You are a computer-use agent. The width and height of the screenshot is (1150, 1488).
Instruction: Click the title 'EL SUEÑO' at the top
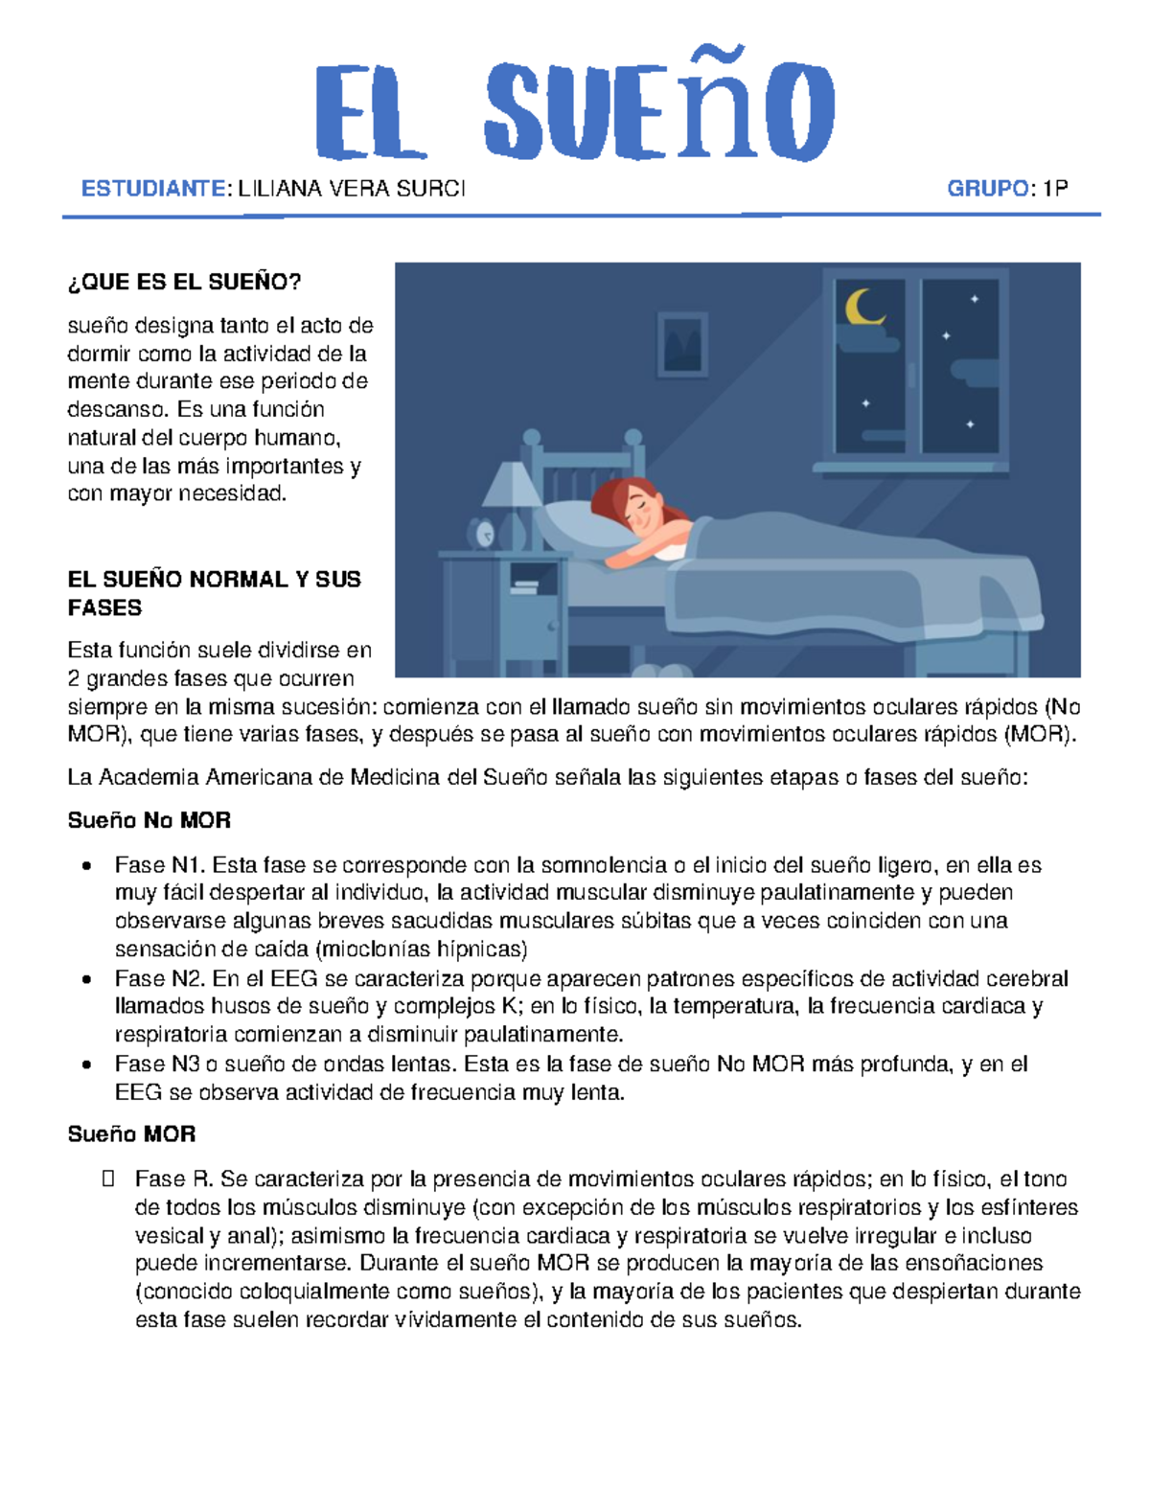pyautogui.click(x=575, y=110)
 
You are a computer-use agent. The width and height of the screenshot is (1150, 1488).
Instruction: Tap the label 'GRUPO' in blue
pyautogui.click(x=988, y=189)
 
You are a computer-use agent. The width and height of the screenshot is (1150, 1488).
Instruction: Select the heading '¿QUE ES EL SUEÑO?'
pyautogui.click(x=184, y=282)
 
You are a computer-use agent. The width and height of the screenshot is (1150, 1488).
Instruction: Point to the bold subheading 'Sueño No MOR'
pyautogui.click(x=149, y=820)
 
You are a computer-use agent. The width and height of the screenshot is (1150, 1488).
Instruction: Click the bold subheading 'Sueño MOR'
pyautogui.click(x=131, y=1134)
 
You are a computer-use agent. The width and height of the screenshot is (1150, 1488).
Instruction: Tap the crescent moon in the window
pyautogui.click(x=863, y=308)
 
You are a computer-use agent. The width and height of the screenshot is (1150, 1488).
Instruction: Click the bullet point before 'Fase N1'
pyautogui.click(x=87, y=866)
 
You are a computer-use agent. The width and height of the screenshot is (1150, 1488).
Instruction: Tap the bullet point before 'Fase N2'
pyautogui.click(x=87, y=979)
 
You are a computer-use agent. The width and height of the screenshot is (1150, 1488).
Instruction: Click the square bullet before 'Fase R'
pyautogui.click(x=107, y=1179)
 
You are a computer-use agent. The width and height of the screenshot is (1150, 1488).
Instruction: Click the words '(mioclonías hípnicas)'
pyautogui.click(x=422, y=950)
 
